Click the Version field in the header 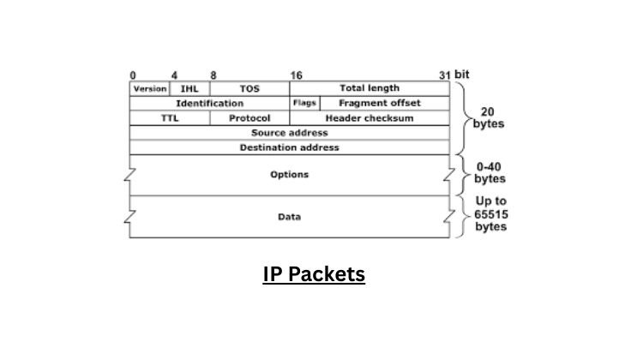tap(149, 88)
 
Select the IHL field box tap(189, 88)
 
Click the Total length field tap(369, 88)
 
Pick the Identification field tap(209, 103)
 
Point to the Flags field tap(304, 103)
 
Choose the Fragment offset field tap(383, 103)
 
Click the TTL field tap(169, 118)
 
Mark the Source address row tap(289, 133)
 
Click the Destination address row tap(289, 147)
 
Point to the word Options tap(289, 175)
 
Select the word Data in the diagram tap(289, 217)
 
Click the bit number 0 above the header tap(132, 75)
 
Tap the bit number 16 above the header tap(296, 75)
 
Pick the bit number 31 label tap(443, 75)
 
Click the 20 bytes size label tap(488, 117)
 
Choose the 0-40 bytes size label tap(490, 174)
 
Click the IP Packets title tap(314, 274)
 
